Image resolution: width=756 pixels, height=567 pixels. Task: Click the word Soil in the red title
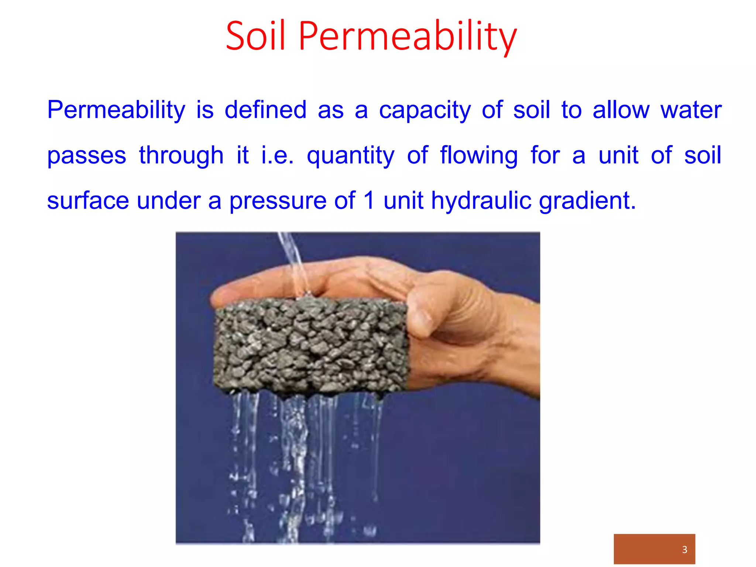[x=255, y=36]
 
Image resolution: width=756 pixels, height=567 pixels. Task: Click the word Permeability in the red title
[x=408, y=36]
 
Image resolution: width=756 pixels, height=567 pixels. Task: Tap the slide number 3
[x=685, y=549]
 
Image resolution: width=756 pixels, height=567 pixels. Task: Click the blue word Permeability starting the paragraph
[x=116, y=110]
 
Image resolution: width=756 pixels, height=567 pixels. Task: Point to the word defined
[x=265, y=110]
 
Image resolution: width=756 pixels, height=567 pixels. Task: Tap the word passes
[x=87, y=156]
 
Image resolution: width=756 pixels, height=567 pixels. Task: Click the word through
[x=181, y=156]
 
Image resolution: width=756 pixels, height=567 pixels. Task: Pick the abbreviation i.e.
[x=277, y=155]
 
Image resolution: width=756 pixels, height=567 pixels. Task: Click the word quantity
[x=350, y=156]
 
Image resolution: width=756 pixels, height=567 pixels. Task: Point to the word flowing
[x=479, y=156]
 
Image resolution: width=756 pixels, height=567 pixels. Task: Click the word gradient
[x=587, y=201]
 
